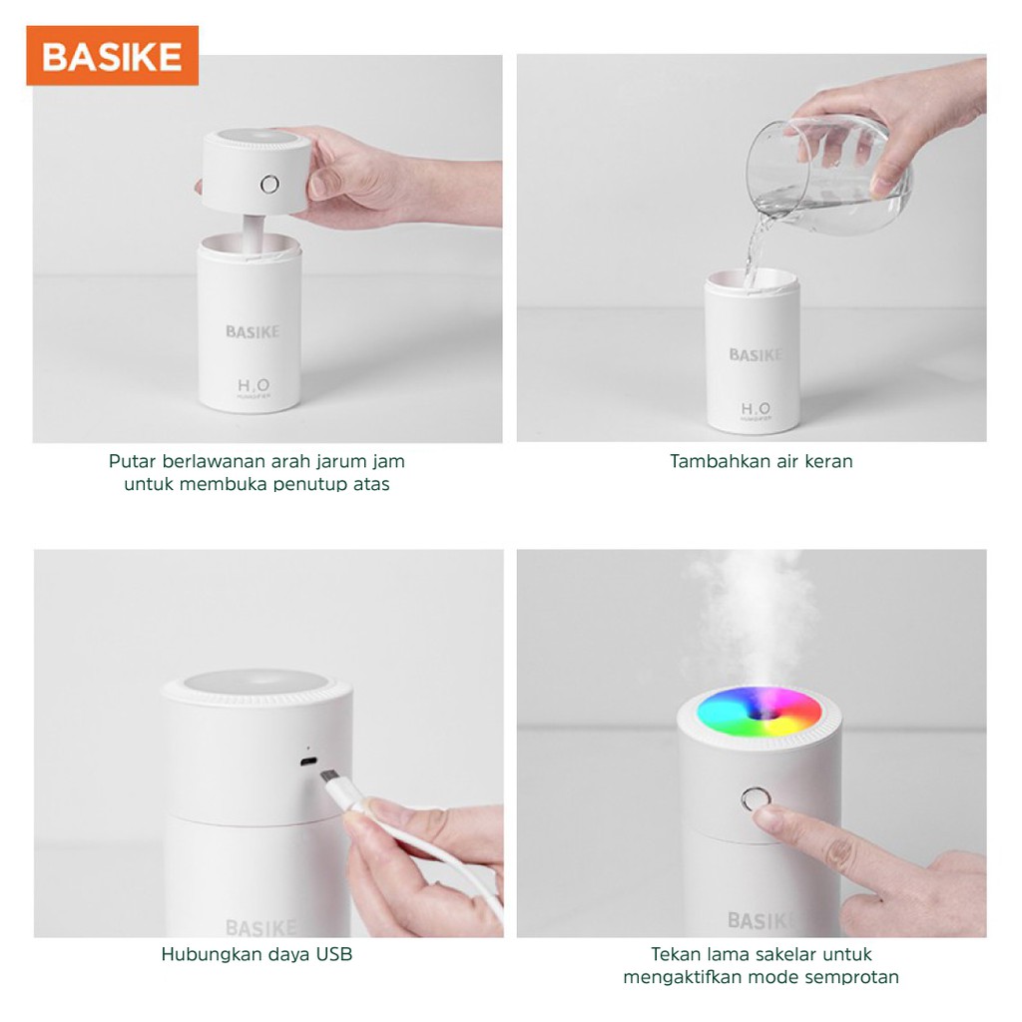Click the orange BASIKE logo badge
tap(112, 56)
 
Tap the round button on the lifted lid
tap(269, 185)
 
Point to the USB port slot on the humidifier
tap(307, 762)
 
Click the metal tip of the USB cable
tap(328, 777)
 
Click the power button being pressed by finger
tap(756, 799)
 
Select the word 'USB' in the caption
tap(333, 954)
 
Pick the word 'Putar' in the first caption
tap(133, 461)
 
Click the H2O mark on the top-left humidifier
tap(254, 387)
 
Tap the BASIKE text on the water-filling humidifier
tap(756, 355)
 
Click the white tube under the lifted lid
tap(254, 234)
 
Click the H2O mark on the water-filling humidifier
tap(757, 410)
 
